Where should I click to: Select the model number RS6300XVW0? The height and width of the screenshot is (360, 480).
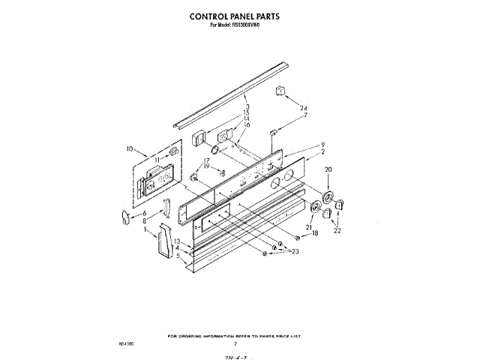[248, 25]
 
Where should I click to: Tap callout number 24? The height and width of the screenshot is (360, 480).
[304, 109]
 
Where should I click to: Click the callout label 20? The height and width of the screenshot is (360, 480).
[327, 170]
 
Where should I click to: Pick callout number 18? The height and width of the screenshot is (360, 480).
[315, 233]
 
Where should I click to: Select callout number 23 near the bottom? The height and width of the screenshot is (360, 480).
[295, 251]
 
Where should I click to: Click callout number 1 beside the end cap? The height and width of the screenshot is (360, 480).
[145, 230]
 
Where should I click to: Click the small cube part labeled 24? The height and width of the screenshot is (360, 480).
[283, 91]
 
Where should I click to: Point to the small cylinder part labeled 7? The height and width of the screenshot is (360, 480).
[274, 132]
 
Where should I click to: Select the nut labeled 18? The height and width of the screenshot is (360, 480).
[298, 238]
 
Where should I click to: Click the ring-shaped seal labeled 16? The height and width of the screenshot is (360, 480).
[217, 151]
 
